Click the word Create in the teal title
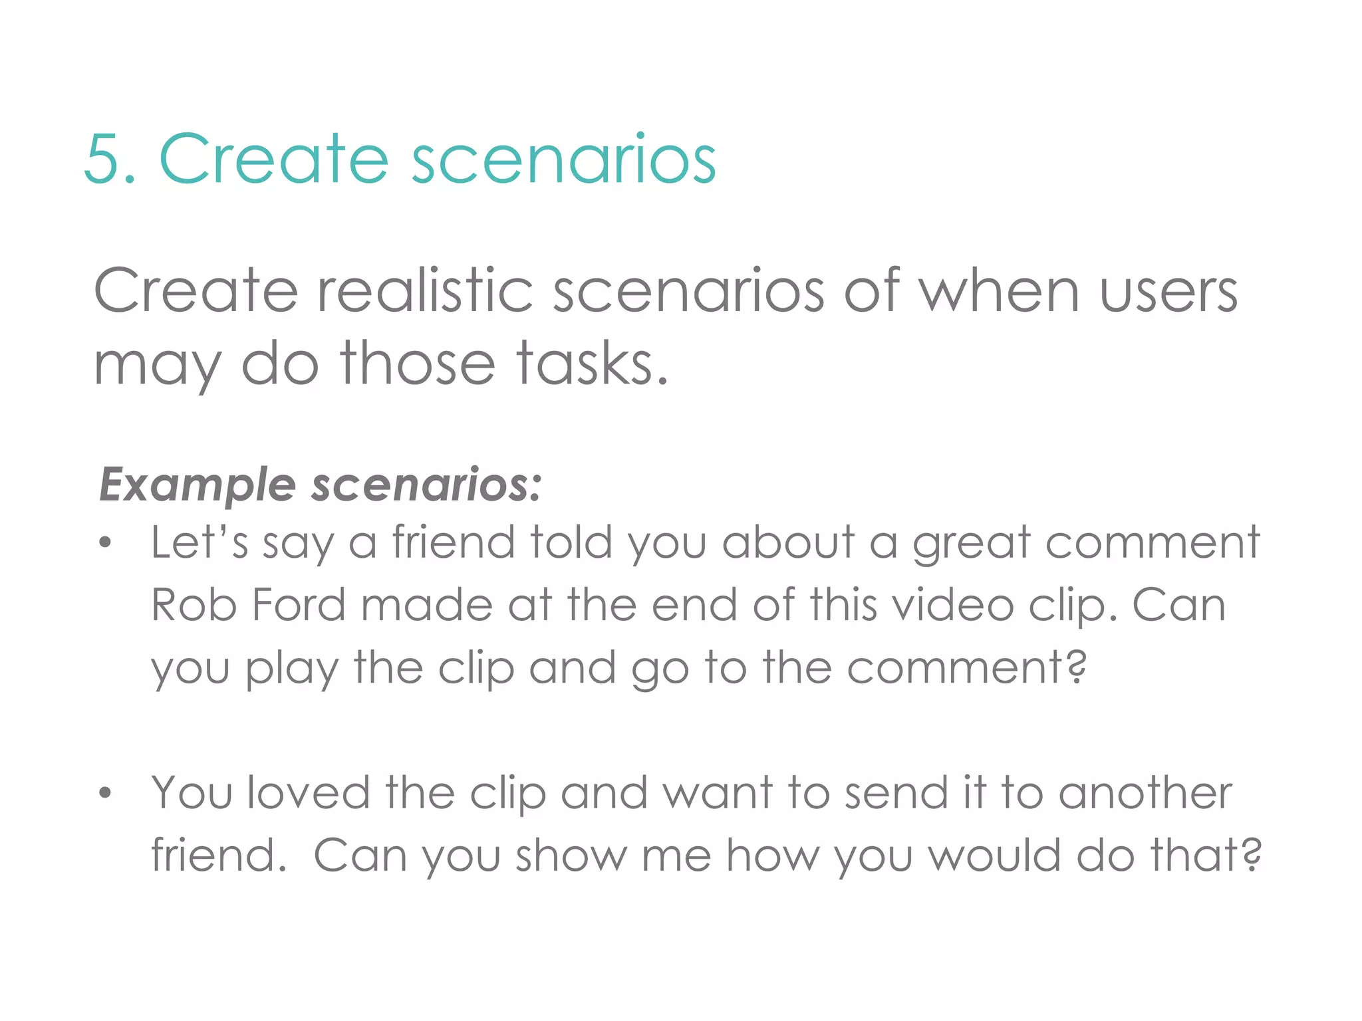click(273, 159)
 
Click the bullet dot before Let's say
click(104, 543)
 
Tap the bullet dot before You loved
click(104, 793)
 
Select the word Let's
click(200, 542)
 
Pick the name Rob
click(194, 605)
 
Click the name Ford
click(299, 605)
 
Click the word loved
click(308, 793)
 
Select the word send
click(896, 793)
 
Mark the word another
click(1145, 793)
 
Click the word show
click(571, 855)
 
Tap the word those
click(418, 364)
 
